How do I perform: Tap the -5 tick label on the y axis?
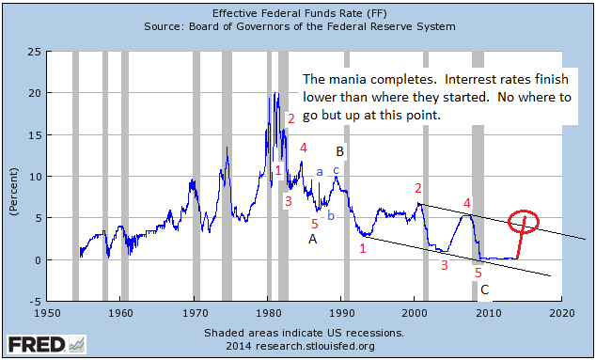(x=34, y=302)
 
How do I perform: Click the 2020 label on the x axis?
(x=561, y=313)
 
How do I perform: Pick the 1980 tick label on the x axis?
(x=268, y=313)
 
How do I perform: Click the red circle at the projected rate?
(x=524, y=222)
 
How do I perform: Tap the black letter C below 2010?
(x=484, y=290)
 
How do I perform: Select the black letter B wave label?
(x=340, y=151)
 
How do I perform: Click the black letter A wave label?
(x=313, y=239)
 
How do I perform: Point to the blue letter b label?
(x=330, y=216)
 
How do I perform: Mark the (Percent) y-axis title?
(x=14, y=176)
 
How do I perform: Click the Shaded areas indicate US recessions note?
(x=304, y=333)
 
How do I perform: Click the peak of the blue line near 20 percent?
(x=273, y=93)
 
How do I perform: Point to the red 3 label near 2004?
(x=444, y=265)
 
